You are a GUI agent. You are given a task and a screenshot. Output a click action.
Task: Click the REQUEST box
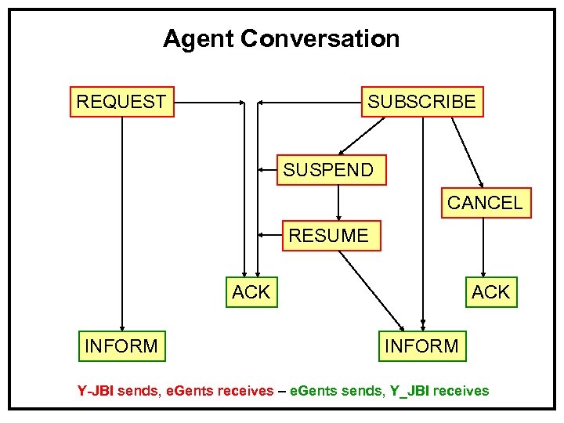[122, 102]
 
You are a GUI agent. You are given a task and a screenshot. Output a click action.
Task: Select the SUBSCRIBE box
[421, 102]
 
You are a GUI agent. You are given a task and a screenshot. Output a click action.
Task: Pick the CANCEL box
[484, 203]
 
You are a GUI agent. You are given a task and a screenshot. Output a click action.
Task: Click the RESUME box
[331, 236]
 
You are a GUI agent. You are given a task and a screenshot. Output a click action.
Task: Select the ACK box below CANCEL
[490, 292]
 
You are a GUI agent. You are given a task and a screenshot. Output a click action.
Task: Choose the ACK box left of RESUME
[251, 292]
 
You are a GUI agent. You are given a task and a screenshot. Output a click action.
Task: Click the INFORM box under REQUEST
[122, 345]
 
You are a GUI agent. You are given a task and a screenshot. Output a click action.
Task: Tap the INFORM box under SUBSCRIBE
[421, 345]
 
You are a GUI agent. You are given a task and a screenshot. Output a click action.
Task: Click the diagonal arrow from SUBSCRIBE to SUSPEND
[362, 135]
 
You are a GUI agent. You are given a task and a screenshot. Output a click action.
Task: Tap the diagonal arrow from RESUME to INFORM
[371, 290]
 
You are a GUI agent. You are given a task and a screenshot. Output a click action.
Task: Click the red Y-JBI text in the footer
[95, 391]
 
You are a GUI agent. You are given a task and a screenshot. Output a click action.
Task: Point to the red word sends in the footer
[136, 391]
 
